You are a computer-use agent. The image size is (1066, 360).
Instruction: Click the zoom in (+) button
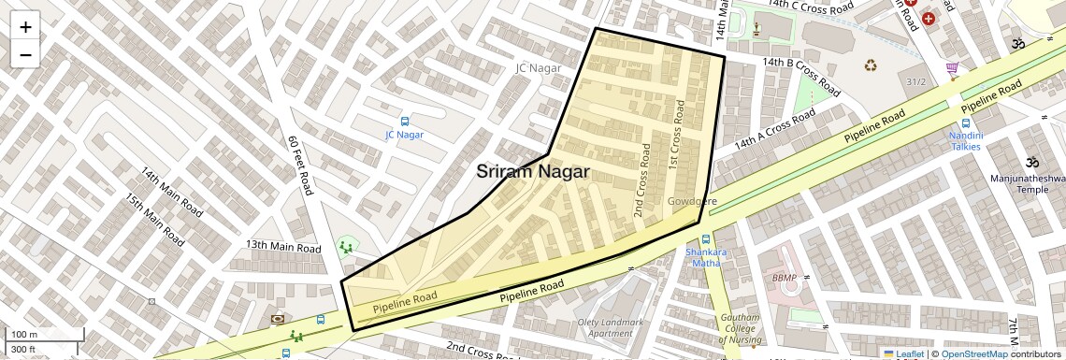(25, 26)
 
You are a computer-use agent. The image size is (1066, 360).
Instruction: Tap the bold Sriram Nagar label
(533, 172)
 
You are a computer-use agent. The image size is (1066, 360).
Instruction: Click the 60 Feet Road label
(298, 166)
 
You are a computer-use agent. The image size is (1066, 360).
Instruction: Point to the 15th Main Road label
(155, 221)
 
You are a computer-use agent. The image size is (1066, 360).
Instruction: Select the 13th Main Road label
(283, 246)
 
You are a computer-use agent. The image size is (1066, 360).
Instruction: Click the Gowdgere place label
(692, 202)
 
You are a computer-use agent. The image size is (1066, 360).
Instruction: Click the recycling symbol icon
(871, 65)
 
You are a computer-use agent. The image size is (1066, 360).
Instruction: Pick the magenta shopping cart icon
(952, 68)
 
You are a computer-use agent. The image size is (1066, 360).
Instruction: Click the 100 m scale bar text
(23, 335)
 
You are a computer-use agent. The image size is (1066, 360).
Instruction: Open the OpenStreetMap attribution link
(973, 353)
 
